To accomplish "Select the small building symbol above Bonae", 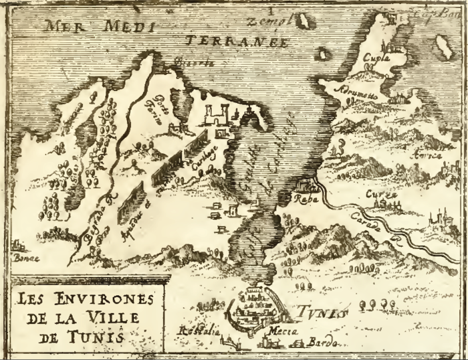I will [19, 244].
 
